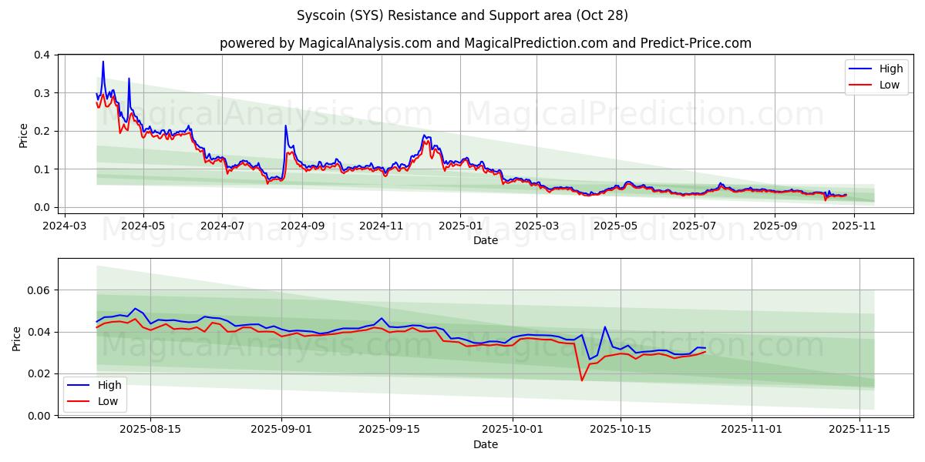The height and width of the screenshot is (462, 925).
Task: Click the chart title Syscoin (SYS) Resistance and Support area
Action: pyautogui.click(x=462, y=15)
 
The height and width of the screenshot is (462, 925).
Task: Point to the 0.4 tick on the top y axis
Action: pyautogui.click(x=43, y=55)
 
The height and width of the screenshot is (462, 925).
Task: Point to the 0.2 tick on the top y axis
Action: pyautogui.click(x=43, y=131)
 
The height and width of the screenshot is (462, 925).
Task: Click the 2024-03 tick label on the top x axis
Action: pyautogui.click(x=64, y=226)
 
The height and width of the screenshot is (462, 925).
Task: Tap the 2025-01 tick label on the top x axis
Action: pyautogui.click(x=460, y=226)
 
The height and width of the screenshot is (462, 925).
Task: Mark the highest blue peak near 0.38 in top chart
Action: pyautogui.click(x=103, y=62)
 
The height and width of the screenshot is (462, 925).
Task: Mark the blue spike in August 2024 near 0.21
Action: pyautogui.click(x=285, y=126)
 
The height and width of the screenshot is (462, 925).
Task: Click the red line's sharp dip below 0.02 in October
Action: pyautogui.click(x=582, y=380)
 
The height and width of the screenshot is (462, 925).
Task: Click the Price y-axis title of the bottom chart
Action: pyautogui.click(x=17, y=338)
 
